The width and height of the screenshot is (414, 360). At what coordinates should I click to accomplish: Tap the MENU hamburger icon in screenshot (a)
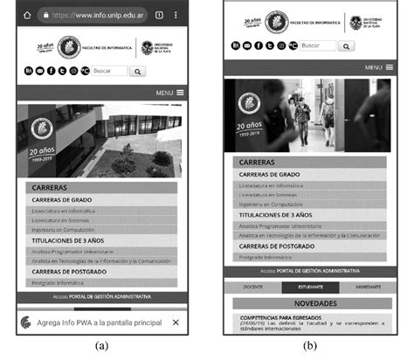(x=180, y=92)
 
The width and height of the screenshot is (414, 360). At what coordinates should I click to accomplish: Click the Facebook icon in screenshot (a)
(x=51, y=71)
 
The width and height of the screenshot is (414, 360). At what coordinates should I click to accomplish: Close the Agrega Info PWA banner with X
(x=176, y=322)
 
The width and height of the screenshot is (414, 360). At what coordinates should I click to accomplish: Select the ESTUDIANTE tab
(x=310, y=287)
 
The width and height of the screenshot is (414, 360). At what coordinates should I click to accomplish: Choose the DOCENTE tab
(x=253, y=287)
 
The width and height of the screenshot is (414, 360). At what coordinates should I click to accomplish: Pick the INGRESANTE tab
(x=367, y=287)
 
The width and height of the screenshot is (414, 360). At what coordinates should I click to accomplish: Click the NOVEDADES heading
(x=309, y=303)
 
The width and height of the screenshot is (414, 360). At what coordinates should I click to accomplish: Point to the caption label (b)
(x=310, y=346)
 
